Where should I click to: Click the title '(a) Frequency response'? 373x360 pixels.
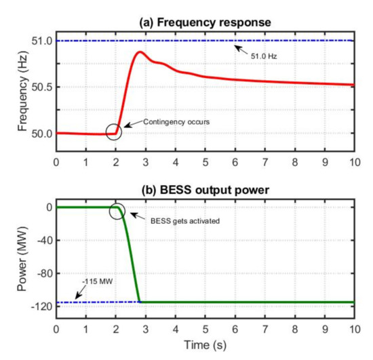pos(205,22)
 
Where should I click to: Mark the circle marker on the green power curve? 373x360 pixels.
pos(117,211)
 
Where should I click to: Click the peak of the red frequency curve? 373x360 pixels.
pos(140,52)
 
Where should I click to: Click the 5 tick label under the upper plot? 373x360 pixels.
pos(205,163)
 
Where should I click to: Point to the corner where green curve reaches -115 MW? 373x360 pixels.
pos(140,302)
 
